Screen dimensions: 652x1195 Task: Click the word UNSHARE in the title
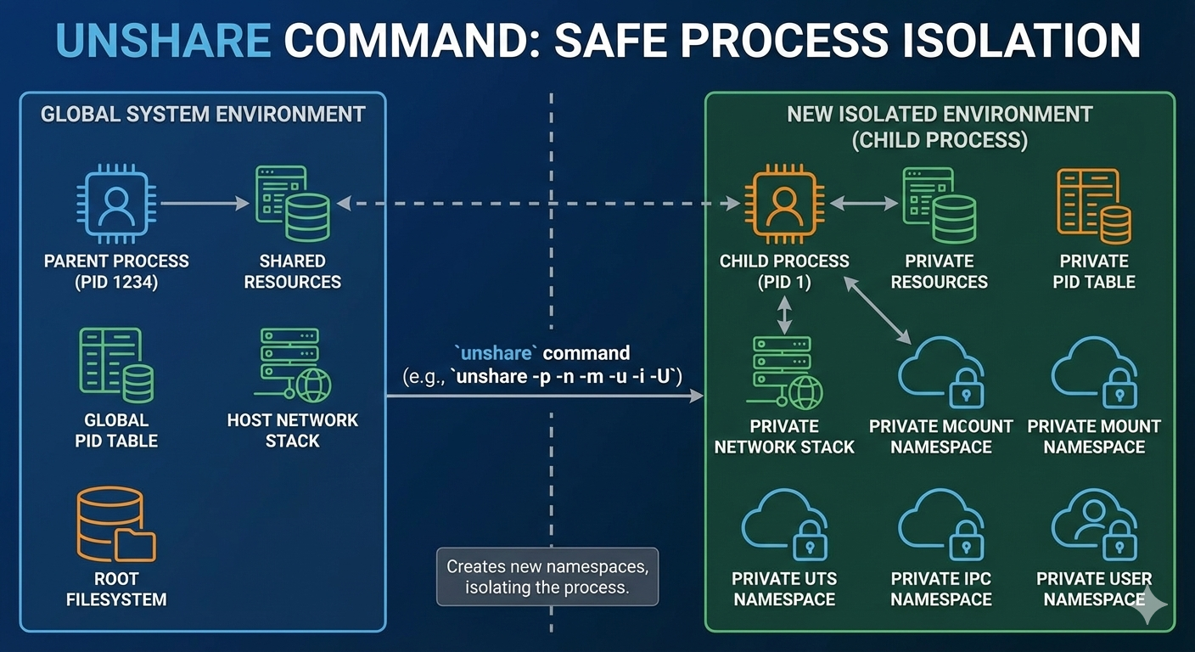coord(164,40)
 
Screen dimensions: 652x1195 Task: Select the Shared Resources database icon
coord(293,204)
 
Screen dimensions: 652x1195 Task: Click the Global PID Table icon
coord(116,365)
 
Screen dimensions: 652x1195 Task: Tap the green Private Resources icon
coord(939,204)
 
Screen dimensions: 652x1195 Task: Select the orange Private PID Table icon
coord(1093,204)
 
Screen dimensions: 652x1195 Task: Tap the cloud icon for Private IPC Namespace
coord(940,527)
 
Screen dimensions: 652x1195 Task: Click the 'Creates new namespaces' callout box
coord(547,576)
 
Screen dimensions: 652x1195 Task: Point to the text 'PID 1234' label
coord(116,282)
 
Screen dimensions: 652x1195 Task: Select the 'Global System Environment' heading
coord(203,114)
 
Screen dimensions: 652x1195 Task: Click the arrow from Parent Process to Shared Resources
coord(204,204)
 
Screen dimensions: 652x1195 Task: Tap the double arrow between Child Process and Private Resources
coord(863,204)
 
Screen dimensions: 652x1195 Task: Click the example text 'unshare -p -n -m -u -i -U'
coord(569,375)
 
